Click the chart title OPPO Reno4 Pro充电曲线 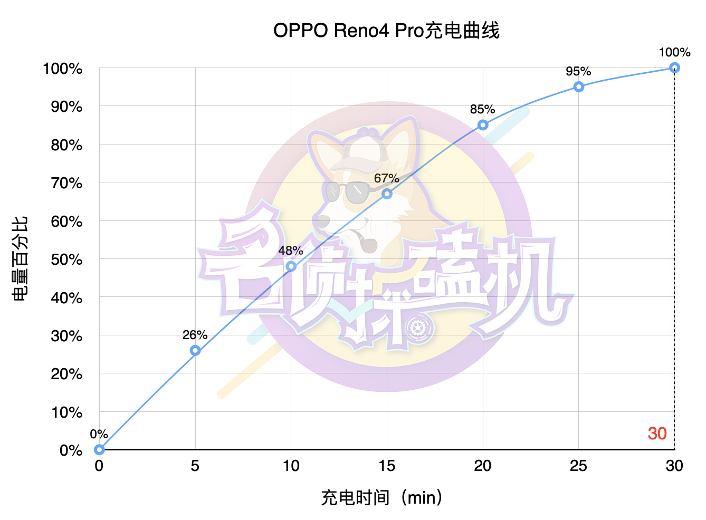tap(386, 31)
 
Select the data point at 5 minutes tap(195, 350)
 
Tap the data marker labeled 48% tap(291, 266)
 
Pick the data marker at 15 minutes tap(387, 194)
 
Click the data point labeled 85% tap(483, 125)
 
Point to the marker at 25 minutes tap(579, 86)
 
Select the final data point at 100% tap(674, 68)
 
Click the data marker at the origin tap(99, 449)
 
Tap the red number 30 tap(657, 434)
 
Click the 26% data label tap(195, 335)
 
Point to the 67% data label tap(386, 178)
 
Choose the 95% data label tap(578, 71)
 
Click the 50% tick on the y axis tap(66, 259)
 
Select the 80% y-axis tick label tap(66, 145)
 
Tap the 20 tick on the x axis tap(482, 466)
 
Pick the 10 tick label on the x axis tap(291, 466)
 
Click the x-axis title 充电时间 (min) tap(381, 497)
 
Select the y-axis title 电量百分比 tap(20, 258)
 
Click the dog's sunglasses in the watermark tap(348, 191)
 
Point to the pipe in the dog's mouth tap(366, 243)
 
